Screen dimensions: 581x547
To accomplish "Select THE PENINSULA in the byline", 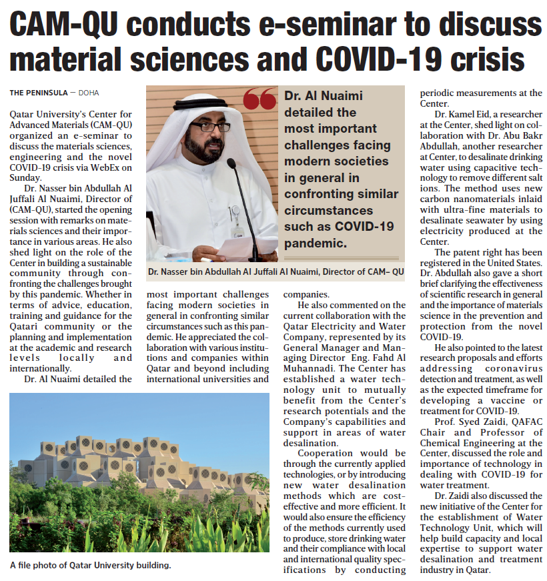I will pos(37,92).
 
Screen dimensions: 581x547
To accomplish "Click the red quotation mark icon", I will pos(259,99).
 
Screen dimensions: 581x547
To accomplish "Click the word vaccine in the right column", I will pos(506,400).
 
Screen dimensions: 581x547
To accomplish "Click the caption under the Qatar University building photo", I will pos(91,566).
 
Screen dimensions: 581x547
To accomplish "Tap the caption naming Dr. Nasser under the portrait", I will pos(276,271).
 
